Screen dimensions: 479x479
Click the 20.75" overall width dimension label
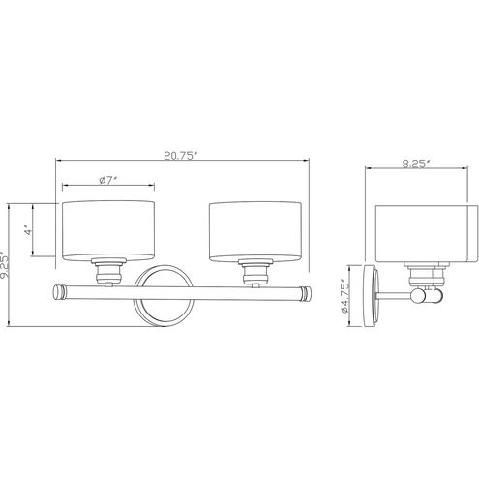click(x=181, y=156)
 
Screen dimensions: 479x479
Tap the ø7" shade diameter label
click(x=107, y=181)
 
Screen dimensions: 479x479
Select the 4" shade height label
click(x=29, y=231)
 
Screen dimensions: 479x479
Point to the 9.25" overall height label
click(x=4, y=264)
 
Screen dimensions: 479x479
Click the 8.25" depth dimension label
click(x=416, y=164)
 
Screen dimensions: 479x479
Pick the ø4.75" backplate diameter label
click(x=344, y=296)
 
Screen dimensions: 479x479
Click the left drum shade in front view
click(x=108, y=230)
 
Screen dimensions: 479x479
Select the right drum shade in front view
click(x=255, y=231)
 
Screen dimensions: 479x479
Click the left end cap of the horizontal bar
click(x=58, y=293)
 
